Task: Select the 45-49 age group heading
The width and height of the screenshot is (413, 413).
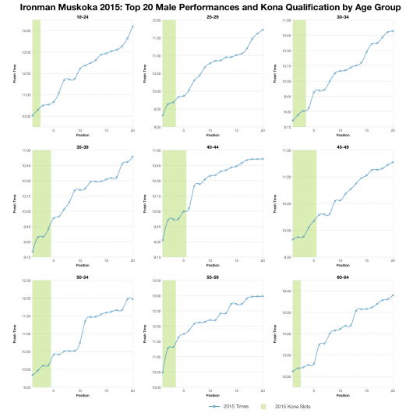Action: click(343, 145)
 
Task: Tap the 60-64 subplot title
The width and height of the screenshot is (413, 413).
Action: click(343, 275)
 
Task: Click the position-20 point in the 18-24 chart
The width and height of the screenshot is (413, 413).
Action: click(132, 26)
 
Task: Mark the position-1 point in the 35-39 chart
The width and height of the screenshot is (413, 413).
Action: click(33, 251)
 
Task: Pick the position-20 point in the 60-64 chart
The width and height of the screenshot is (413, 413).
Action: click(393, 295)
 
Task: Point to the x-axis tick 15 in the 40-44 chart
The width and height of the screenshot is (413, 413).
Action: click(238, 261)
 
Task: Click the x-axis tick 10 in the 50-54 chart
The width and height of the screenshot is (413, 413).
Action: click(79, 391)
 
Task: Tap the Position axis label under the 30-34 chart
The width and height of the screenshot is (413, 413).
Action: click(343, 134)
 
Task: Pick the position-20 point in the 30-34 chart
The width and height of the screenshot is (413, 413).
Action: click(393, 31)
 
